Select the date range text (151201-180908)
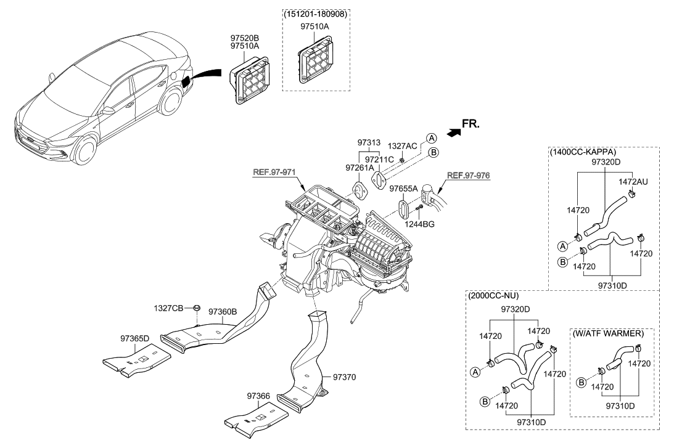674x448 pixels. pos(316,14)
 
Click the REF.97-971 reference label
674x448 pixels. pos(275,174)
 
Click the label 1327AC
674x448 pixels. pos(402,146)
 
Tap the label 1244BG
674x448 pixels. pos(420,224)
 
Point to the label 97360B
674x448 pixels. pos(222,312)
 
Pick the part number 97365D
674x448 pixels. pos(134,338)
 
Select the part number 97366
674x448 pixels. pos(260,395)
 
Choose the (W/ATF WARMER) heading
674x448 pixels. pos(608,333)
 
